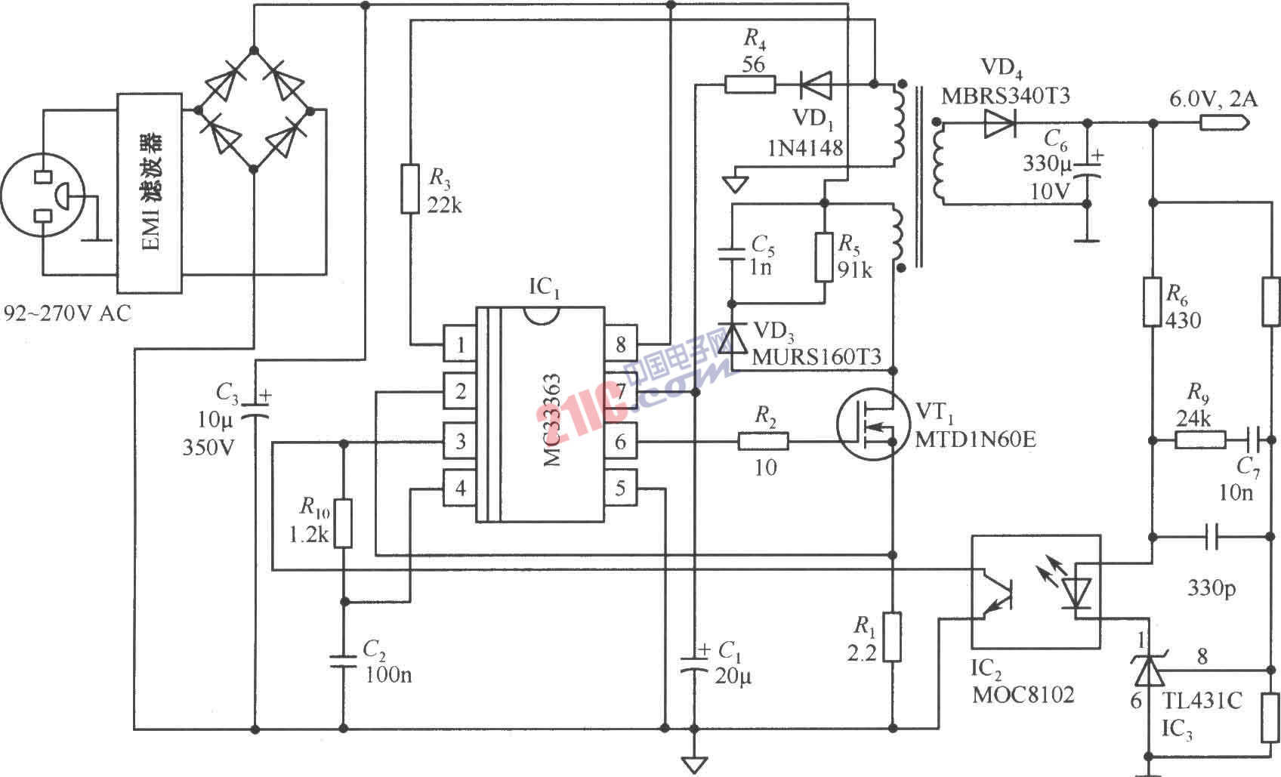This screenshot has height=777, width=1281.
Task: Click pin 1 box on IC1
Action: click(460, 345)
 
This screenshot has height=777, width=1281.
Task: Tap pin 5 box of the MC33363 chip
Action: click(620, 488)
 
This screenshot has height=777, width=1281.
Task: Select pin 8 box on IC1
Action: click(620, 345)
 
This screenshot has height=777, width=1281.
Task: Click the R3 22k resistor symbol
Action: click(409, 188)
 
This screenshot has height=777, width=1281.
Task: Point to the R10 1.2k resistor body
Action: click(344, 523)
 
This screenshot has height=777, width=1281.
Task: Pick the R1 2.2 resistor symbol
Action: click(892, 637)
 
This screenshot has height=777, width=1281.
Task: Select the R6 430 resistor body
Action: click(1152, 302)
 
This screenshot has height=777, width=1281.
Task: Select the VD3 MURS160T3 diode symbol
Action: click(731, 339)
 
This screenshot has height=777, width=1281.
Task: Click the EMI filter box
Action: click(150, 193)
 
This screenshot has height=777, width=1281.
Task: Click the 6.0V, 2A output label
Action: click(1212, 99)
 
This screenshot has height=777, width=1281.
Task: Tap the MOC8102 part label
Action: click(1022, 694)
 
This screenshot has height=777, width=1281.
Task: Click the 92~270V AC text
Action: click(67, 313)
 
